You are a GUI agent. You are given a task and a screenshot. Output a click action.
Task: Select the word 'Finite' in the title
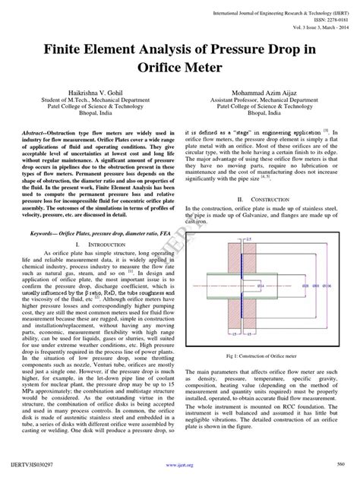click(x=74, y=46)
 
